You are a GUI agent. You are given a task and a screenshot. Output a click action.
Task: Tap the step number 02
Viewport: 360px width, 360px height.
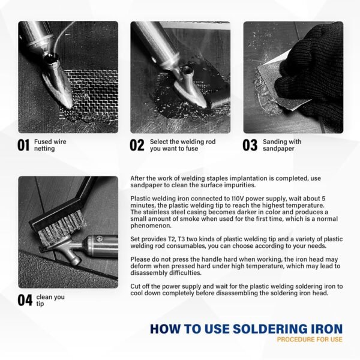pos(137,145)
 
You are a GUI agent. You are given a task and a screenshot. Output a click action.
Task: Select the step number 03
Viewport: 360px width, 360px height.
pos(250,145)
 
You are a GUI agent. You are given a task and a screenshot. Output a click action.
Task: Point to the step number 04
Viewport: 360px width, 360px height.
pos(25,300)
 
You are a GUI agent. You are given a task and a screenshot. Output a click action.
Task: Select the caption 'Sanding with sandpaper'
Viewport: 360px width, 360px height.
pos(281,145)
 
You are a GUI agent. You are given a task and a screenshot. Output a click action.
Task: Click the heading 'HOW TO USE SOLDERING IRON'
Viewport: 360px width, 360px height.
pos(246,329)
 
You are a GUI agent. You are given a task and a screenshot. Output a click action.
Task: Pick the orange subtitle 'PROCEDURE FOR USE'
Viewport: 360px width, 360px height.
pos(310,340)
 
